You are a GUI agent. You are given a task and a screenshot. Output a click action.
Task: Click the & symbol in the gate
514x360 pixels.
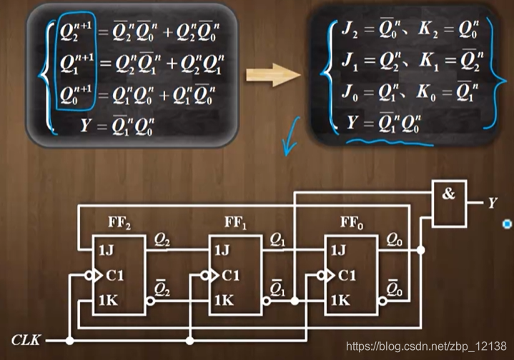(x=448, y=194)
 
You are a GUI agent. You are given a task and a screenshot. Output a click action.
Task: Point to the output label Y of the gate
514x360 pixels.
(x=493, y=204)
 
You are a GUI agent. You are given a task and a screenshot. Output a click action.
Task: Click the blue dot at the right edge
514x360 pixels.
(x=507, y=224)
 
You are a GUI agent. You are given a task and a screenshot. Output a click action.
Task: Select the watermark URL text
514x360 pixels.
(x=427, y=346)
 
